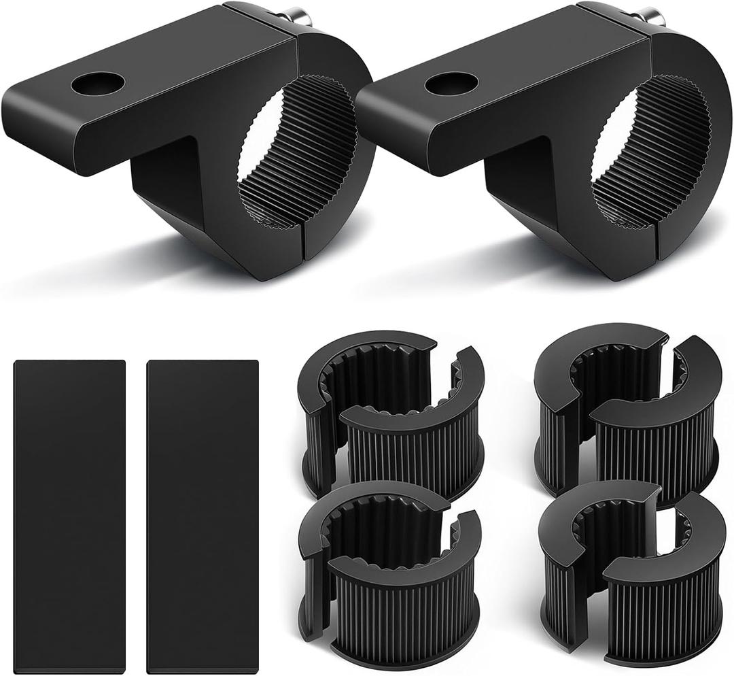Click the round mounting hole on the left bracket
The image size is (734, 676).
click(x=98, y=84)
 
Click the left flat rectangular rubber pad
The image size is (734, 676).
click(x=69, y=516)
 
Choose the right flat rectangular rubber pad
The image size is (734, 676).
click(x=203, y=516)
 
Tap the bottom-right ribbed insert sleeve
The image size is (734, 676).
click(x=632, y=571)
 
